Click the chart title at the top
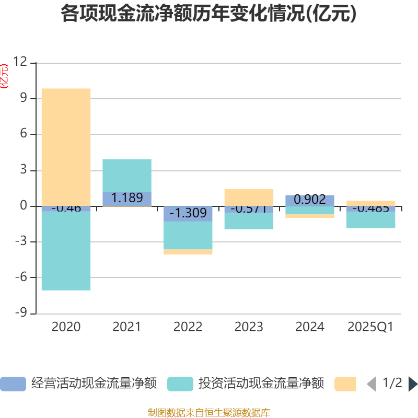click(x=209, y=14)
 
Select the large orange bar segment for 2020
click(x=66, y=146)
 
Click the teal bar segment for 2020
click(x=66, y=251)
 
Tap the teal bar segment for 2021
click(x=127, y=175)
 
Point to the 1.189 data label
click(x=127, y=198)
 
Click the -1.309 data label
click(x=188, y=213)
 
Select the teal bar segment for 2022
click(x=188, y=236)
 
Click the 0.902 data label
click(x=310, y=200)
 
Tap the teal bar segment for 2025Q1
click(x=371, y=220)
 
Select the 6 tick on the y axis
click(x=23, y=134)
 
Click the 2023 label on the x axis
click(x=249, y=327)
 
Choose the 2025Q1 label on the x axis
click(x=370, y=327)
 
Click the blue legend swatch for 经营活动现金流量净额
click(x=13, y=384)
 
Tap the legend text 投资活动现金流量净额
click(x=261, y=384)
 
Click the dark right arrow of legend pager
click(x=413, y=384)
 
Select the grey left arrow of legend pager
click(x=371, y=384)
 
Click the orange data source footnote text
click(x=209, y=413)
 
